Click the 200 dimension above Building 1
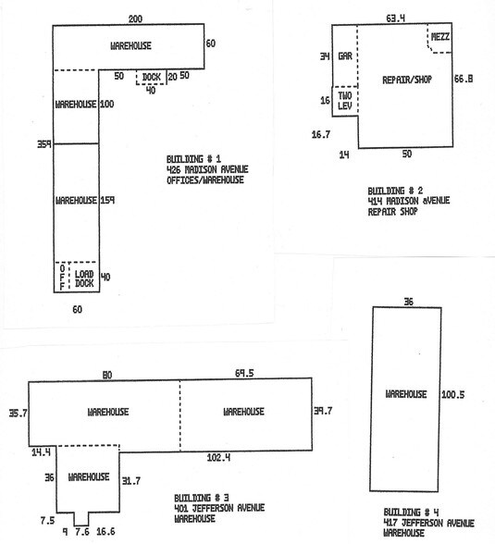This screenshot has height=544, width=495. (x=135, y=19)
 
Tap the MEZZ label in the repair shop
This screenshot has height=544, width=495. (x=440, y=36)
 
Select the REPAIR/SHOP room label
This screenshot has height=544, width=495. (x=407, y=80)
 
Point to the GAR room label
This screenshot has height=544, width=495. (x=345, y=56)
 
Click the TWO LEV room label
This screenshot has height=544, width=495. (x=345, y=101)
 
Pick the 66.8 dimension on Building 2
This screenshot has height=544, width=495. (x=464, y=79)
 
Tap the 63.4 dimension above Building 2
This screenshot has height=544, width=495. (x=396, y=19)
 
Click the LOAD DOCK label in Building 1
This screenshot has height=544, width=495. (x=84, y=278)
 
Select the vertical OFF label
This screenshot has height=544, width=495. (x=62, y=278)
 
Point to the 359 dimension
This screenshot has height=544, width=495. (x=44, y=144)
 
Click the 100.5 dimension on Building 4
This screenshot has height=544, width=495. (x=452, y=394)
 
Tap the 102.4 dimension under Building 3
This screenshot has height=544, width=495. (x=218, y=457)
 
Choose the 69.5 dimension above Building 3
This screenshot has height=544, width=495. (x=244, y=373)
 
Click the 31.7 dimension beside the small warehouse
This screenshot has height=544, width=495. (x=131, y=481)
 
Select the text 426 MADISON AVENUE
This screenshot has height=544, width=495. (x=207, y=169)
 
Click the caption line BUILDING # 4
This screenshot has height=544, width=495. (x=411, y=513)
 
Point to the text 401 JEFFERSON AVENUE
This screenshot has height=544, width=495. (x=219, y=508)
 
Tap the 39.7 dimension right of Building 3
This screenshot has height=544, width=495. (x=323, y=411)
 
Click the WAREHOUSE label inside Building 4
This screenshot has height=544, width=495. (x=406, y=394)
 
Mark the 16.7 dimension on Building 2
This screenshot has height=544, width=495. (x=321, y=134)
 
